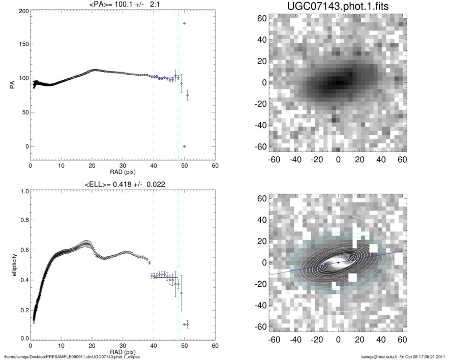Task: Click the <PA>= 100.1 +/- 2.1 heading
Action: pyautogui.click(x=123, y=5)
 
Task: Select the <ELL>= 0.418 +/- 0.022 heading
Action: pyautogui.click(x=123, y=184)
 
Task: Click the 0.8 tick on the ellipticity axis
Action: pyautogui.click(x=22, y=221)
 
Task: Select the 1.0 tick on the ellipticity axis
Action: pyautogui.click(x=22, y=191)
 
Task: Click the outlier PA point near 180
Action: pyautogui.click(x=184, y=23)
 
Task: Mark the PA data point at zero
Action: pyautogui.click(x=184, y=146)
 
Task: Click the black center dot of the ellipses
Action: pyautogui.click(x=338, y=262)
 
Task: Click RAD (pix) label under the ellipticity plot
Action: pyautogui.click(x=123, y=352)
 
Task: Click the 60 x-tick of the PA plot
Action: pyautogui.click(x=215, y=166)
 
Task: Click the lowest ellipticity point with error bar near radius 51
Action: pyautogui.click(x=187, y=324)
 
